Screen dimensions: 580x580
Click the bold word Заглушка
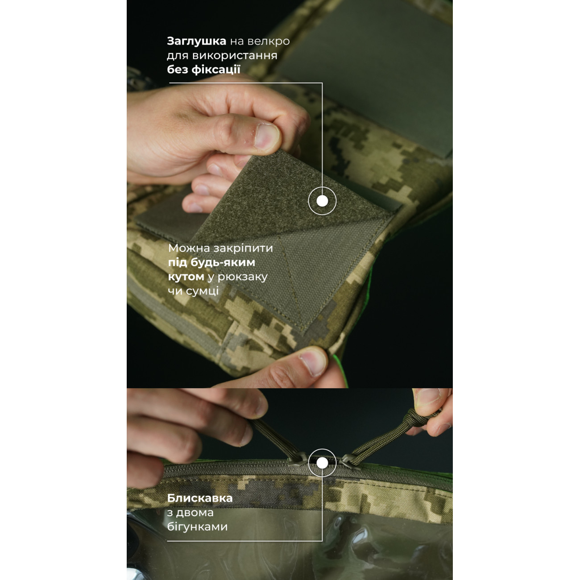coord(197,41)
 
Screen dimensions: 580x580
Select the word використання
coord(235,56)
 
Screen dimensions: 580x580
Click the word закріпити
coord(243,249)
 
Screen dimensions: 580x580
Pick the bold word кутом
coord(186,277)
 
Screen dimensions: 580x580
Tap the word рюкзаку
coord(242,277)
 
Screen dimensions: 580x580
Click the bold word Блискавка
coord(200,498)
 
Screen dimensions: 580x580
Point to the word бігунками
coord(198,527)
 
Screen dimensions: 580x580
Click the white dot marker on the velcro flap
coord(322,201)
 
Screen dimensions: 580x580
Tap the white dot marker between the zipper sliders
coord(322,463)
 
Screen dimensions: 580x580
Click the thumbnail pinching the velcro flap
coord(267,138)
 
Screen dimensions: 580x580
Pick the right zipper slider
coord(349,462)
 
